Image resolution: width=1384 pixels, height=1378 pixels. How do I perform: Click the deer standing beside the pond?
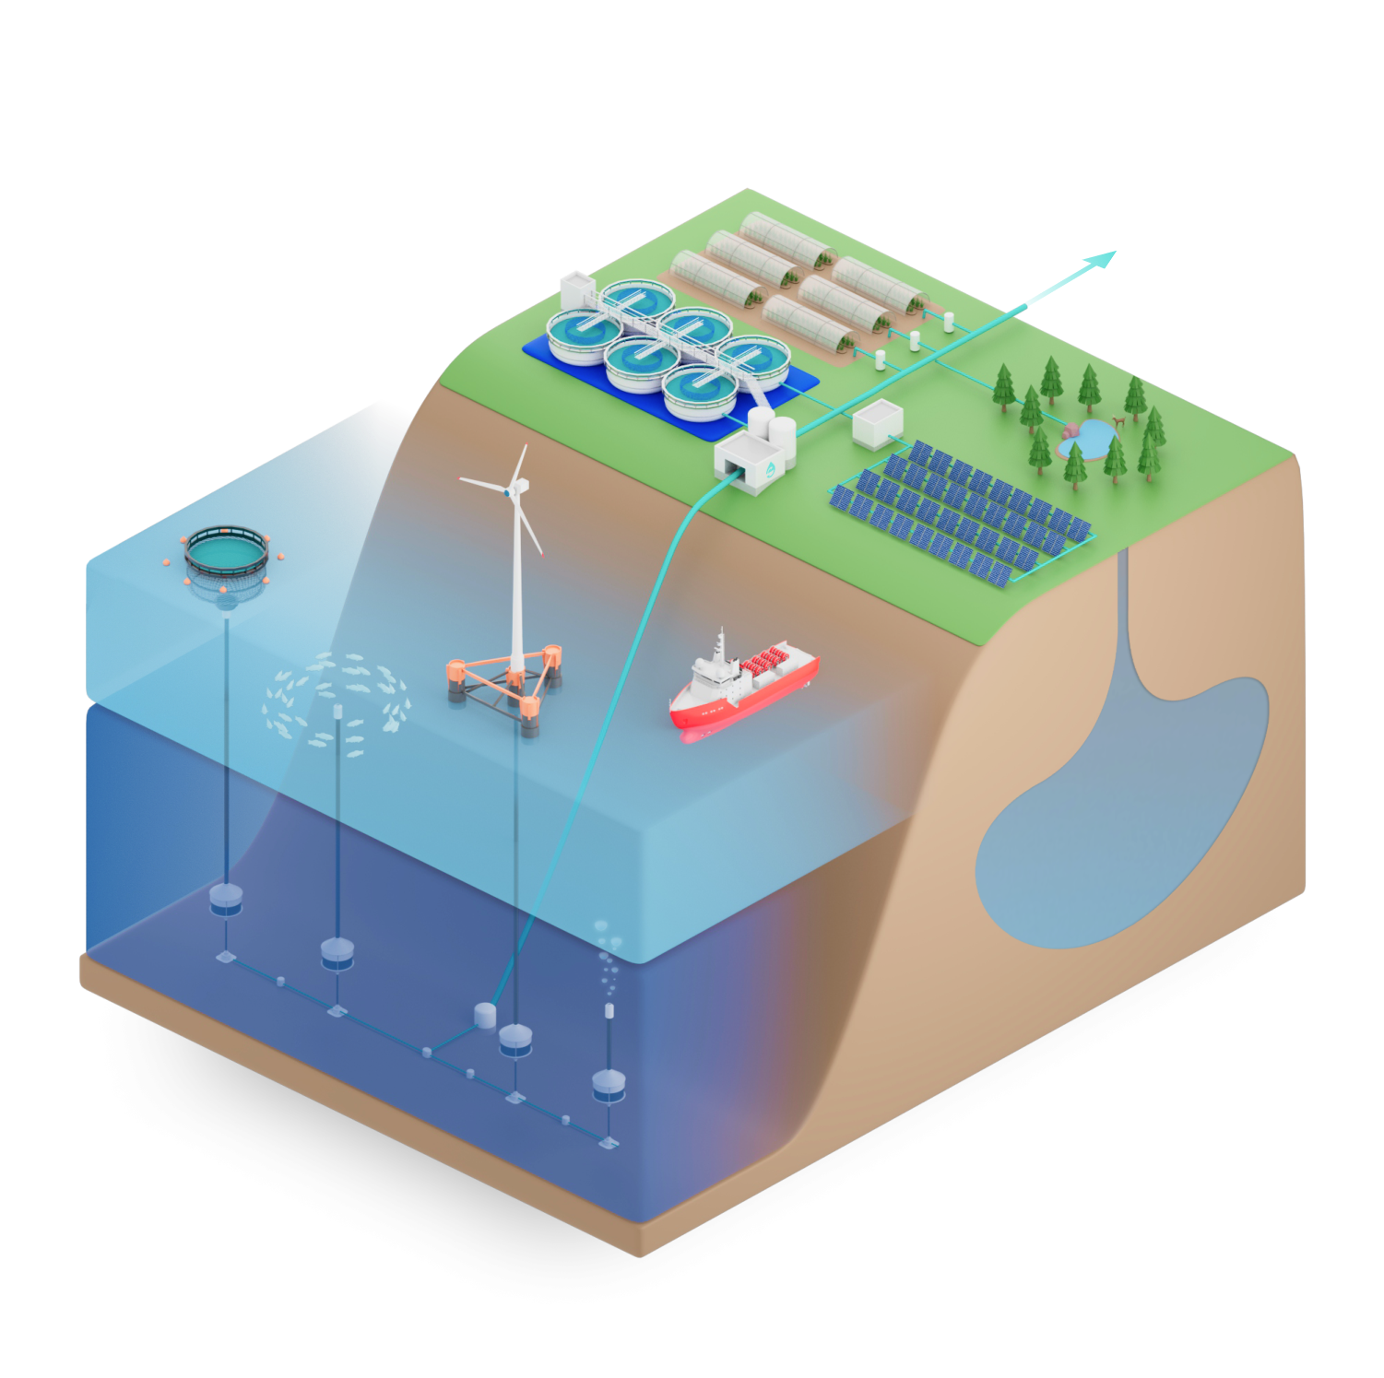(x=1118, y=422)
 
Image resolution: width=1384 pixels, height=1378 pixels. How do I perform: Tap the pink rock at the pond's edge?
(x=1071, y=430)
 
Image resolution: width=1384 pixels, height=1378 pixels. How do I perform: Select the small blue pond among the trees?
(x=1090, y=440)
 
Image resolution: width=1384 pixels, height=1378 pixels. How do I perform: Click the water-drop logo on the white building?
(x=770, y=471)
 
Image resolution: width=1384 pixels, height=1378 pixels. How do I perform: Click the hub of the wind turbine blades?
(x=509, y=491)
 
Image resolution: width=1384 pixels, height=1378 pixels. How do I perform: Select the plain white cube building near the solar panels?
(x=877, y=425)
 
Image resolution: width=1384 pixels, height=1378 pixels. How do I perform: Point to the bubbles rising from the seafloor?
(x=606, y=959)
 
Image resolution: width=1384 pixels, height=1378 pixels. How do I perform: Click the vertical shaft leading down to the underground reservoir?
(x=1125, y=608)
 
